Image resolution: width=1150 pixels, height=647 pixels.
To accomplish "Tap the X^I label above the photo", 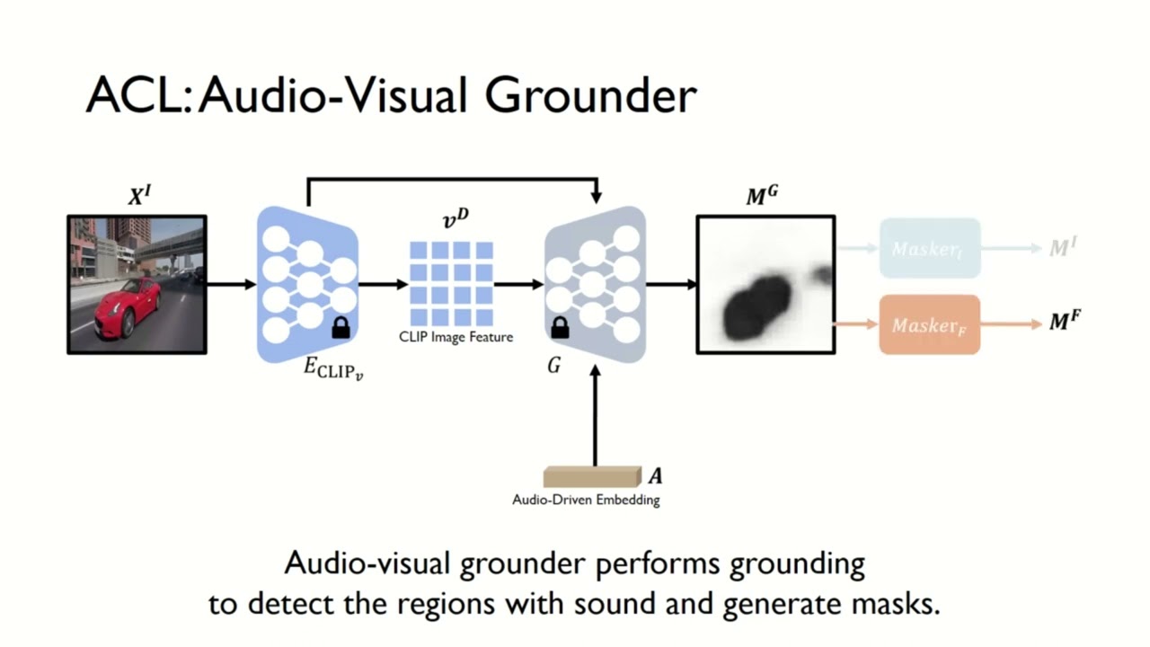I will click(138, 196).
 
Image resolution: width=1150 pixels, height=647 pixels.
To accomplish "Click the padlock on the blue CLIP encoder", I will click(341, 328).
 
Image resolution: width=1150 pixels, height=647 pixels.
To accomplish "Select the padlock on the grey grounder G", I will click(560, 328).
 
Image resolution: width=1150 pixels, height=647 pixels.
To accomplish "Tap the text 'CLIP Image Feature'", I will click(456, 337).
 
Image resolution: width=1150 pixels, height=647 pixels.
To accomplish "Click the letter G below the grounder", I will click(554, 366).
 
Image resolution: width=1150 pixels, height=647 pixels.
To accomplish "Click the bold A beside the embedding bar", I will click(656, 476).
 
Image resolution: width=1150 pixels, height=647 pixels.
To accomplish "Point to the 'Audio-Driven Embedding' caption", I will click(586, 501).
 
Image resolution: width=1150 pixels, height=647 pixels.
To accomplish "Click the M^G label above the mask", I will click(761, 196).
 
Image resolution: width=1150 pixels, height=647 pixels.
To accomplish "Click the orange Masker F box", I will click(929, 324).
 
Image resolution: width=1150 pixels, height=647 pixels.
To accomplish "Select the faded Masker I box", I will click(929, 247).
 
